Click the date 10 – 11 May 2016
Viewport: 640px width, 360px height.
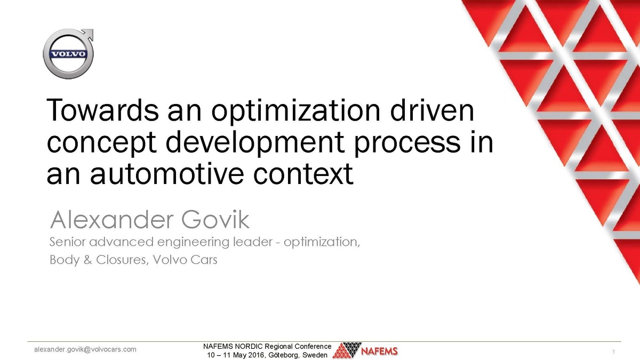click(237, 355)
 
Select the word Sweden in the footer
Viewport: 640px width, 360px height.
click(315, 355)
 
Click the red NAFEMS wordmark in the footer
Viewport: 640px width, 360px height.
click(379, 352)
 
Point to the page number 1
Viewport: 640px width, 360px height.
click(614, 353)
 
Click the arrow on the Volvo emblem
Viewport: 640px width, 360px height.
click(89, 35)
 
